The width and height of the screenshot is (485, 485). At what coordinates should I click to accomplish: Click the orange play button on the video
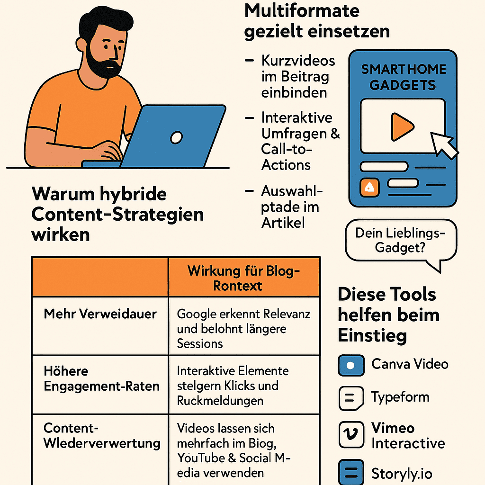point(402,126)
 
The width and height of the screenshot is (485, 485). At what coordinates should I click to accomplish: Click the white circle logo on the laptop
point(176,138)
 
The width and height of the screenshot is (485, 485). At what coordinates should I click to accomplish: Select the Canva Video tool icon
point(351,365)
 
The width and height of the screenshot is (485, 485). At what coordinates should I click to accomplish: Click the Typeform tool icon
point(351,398)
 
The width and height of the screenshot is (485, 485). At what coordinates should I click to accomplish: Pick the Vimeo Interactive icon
point(351,435)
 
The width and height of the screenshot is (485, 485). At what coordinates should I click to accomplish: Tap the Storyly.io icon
point(351,472)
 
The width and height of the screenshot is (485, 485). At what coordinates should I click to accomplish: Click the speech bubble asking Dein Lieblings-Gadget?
point(401,241)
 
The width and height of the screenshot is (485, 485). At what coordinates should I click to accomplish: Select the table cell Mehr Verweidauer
point(100,314)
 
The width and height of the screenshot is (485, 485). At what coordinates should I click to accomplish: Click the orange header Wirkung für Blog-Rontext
point(244,278)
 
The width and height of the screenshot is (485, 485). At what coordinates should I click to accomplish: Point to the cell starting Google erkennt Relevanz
point(243,328)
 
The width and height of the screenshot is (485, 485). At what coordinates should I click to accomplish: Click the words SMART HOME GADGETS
point(403,77)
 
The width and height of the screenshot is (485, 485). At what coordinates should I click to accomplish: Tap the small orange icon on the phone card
point(370,188)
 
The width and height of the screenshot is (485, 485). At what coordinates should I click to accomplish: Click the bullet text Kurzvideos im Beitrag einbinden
point(297,76)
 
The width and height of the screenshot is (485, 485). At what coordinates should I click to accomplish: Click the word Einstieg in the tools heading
point(372,335)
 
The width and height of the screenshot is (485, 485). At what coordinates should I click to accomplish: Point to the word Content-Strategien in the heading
point(117,214)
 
